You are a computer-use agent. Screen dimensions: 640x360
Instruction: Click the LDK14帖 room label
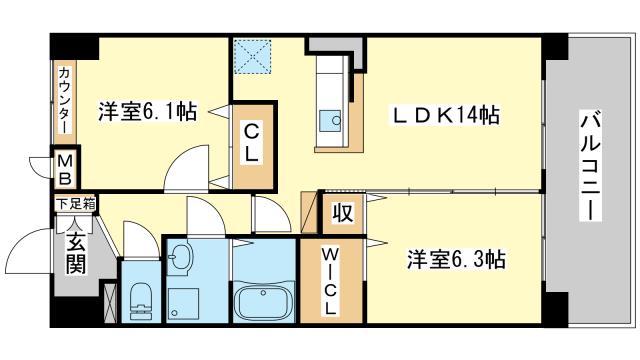(446, 115)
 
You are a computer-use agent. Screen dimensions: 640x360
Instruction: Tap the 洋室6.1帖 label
(147, 111)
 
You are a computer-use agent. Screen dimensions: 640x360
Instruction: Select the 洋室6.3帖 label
(456, 259)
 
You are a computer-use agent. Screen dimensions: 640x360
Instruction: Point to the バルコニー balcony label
(591, 167)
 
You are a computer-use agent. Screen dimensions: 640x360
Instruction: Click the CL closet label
(251, 143)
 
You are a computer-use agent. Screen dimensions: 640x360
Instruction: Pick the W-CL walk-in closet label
(330, 281)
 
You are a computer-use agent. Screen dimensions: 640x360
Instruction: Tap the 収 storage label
(342, 212)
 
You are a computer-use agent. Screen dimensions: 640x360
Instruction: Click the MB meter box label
(64, 169)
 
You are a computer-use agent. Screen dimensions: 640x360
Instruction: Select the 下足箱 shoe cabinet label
(76, 203)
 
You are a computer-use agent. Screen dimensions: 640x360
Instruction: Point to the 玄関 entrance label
(76, 253)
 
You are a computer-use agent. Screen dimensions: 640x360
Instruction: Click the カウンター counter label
(65, 100)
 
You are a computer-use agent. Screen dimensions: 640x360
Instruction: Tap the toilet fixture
(141, 300)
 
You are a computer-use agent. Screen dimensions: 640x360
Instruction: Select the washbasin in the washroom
(180, 256)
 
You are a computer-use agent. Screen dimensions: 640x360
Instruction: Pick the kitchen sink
(330, 121)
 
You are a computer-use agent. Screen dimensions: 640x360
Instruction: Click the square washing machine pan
(183, 304)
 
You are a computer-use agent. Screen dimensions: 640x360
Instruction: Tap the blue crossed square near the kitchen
(253, 56)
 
